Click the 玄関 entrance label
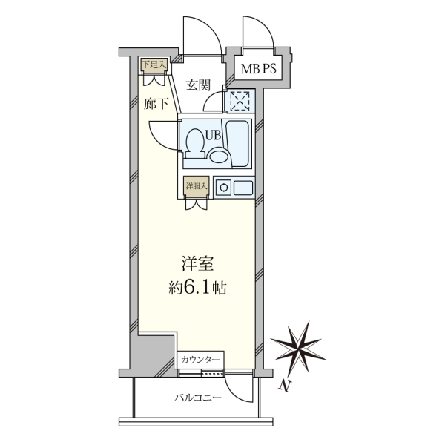click(x=198, y=85)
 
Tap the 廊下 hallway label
click(x=156, y=104)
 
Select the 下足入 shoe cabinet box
click(x=154, y=65)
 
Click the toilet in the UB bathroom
click(x=195, y=143)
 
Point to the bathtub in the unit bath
click(x=238, y=144)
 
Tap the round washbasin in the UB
click(x=219, y=155)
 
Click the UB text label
click(x=213, y=136)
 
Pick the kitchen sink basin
click(x=243, y=188)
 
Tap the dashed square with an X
click(x=240, y=100)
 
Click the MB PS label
click(x=258, y=69)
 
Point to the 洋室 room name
click(x=197, y=263)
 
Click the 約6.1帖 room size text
click(x=197, y=288)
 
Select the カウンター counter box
click(x=201, y=360)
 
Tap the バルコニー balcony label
click(x=198, y=398)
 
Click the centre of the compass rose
click(x=299, y=349)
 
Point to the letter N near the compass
click(x=285, y=386)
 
